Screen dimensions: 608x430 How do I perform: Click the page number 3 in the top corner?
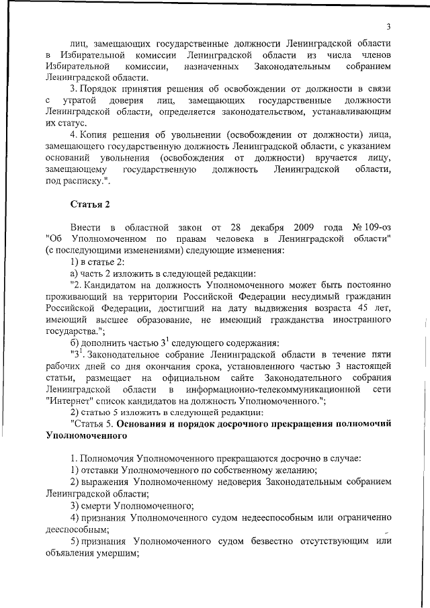click(x=388, y=26)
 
